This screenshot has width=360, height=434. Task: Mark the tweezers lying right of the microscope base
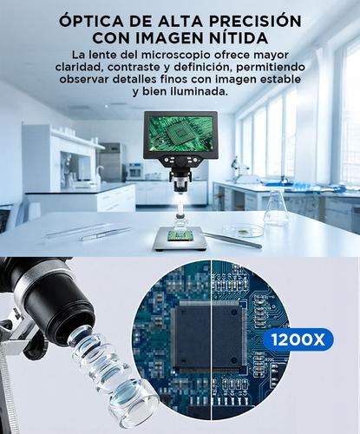tap(234, 240)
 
